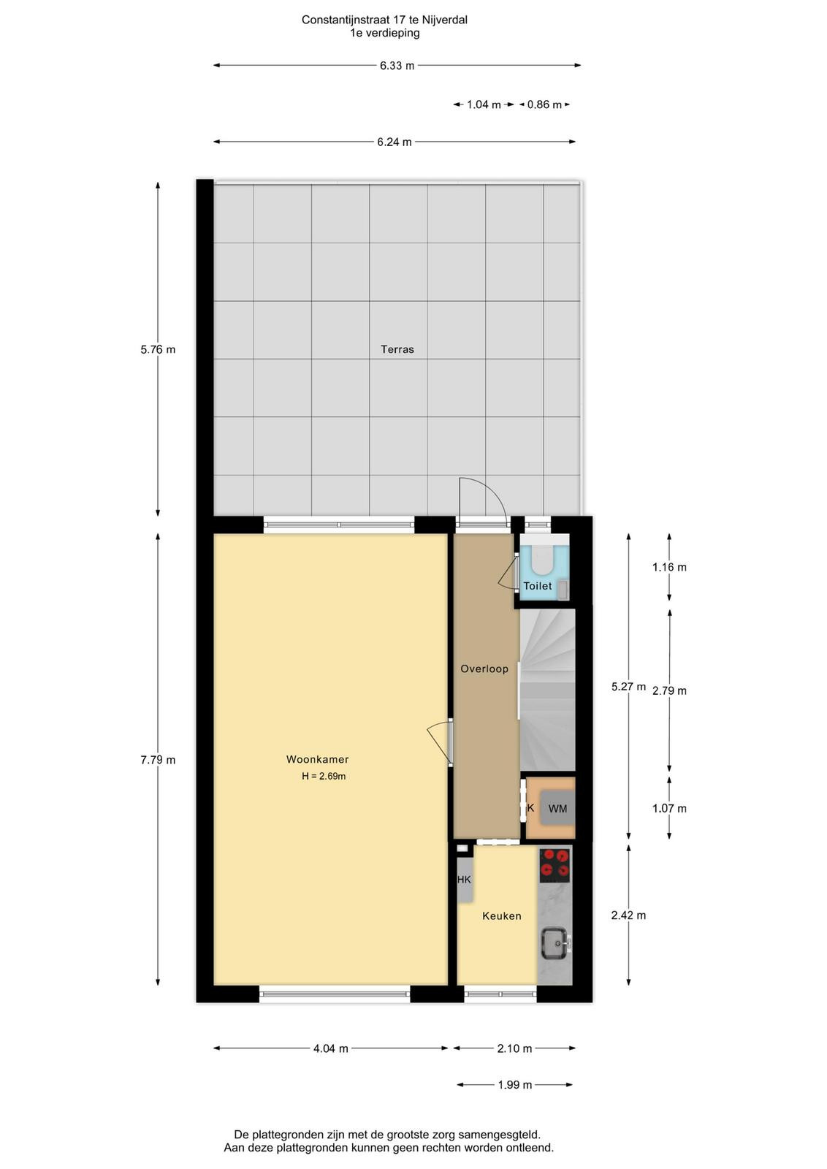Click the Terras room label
(x=397, y=349)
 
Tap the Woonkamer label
(x=317, y=759)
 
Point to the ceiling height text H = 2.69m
(x=324, y=776)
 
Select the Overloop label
(x=484, y=669)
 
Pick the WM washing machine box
(x=557, y=808)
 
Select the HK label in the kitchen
(x=464, y=880)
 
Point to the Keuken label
(x=501, y=916)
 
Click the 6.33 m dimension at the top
(x=397, y=66)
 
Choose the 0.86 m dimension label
(x=544, y=104)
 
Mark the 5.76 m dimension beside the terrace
(x=158, y=350)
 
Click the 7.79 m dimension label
(x=158, y=760)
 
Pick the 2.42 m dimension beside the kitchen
(x=628, y=915)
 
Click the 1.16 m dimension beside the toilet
(x=669, y=567)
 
